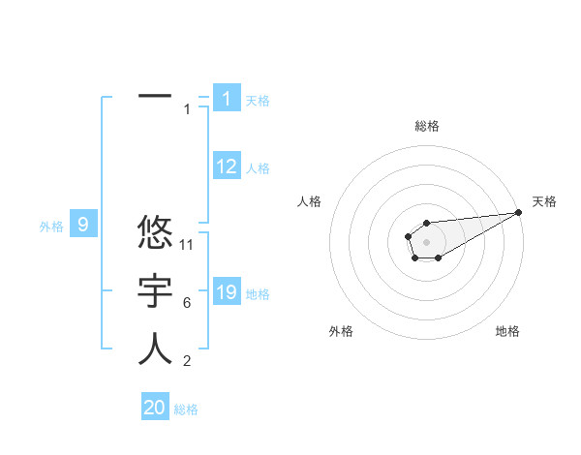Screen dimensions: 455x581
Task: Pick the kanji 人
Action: (155, 349)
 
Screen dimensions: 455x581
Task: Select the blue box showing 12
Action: (227, 167)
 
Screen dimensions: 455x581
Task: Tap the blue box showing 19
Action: (227, 292)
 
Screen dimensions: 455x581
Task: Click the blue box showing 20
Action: (155, 408)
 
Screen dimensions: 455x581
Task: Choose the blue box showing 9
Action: (83, 226)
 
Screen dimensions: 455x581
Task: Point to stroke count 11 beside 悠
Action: (187, 245)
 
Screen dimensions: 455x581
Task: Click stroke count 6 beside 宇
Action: (187, 303)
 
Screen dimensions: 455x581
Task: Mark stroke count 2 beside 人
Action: (187, 362)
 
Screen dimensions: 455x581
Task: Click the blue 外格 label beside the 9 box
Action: (51, 227)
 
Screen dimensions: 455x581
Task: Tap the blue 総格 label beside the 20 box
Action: (186, 409)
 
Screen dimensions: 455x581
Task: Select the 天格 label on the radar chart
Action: (544, 201)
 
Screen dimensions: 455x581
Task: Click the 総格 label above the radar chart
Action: (426, 126)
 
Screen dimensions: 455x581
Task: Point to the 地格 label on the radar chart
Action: (507, 331)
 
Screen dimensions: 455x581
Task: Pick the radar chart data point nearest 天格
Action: (518, 212)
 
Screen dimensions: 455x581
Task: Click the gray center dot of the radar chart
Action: (426, 240)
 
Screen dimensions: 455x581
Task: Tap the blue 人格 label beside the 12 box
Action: (258, 168)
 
